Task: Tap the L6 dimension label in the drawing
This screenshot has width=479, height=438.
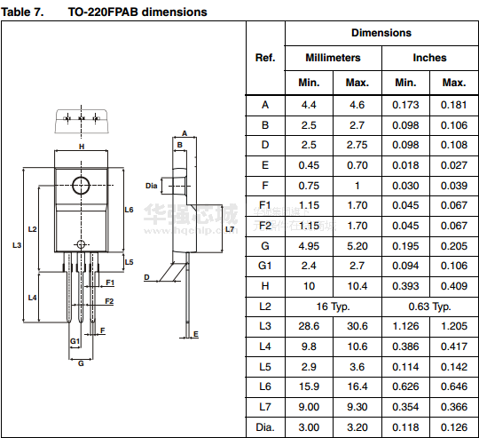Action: [129, 210]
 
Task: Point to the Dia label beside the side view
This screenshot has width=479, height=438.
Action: [151, 186]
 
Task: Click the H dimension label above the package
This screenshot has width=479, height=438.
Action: [82, 147]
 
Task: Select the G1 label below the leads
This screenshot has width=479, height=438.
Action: [75, 341]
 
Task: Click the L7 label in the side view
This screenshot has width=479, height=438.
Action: [230, 229]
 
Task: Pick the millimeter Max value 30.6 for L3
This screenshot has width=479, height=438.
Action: [357, 326]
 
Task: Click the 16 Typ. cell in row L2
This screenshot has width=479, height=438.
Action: [333, 307]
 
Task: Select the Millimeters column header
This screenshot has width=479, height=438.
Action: [333, 58]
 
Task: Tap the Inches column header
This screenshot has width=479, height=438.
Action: [429, 58]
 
